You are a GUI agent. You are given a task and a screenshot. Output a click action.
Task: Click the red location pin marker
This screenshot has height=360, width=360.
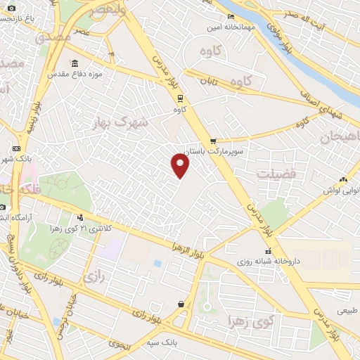181,165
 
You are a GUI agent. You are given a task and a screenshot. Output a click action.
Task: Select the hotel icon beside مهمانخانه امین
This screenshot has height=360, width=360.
231,17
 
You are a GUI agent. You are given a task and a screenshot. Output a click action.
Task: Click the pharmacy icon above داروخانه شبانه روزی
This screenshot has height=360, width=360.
267,251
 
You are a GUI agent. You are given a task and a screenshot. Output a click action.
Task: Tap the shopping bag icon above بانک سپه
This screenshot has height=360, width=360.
182,304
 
